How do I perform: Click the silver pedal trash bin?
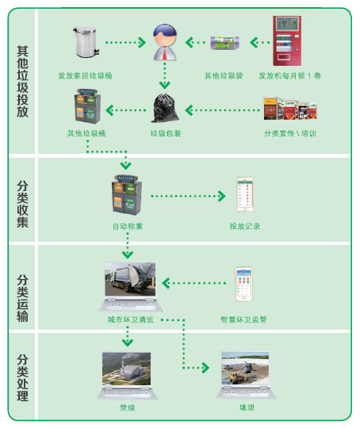[x=86, y=41]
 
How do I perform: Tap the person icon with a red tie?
[x=165, y=42]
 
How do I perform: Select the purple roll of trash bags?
[x=224, y=43]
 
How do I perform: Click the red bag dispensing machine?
[x=287, y=40]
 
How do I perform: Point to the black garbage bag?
[x=165, y=108]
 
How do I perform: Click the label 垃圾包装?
[x=166, y=133]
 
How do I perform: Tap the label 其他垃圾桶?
[x=86, y=133]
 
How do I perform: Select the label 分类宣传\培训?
[x=290, y=133]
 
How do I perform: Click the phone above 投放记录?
[x=245, y=194]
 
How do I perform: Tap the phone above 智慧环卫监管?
[x=244, y=284]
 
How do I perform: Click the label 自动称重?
[x=128, y=226]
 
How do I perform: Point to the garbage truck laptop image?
[x=130, y=287]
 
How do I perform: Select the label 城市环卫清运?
[x=131, y=319]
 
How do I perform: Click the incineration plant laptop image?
[x=127, y=376]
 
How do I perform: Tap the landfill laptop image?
[x=246, y=375]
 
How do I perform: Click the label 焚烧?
[x=128, y=408]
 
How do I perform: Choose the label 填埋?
[x=247, y=408]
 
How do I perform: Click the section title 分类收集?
[x=22, y=204]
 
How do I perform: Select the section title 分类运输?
[x=22, y=298]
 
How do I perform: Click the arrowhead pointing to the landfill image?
[x=205, y=368]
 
